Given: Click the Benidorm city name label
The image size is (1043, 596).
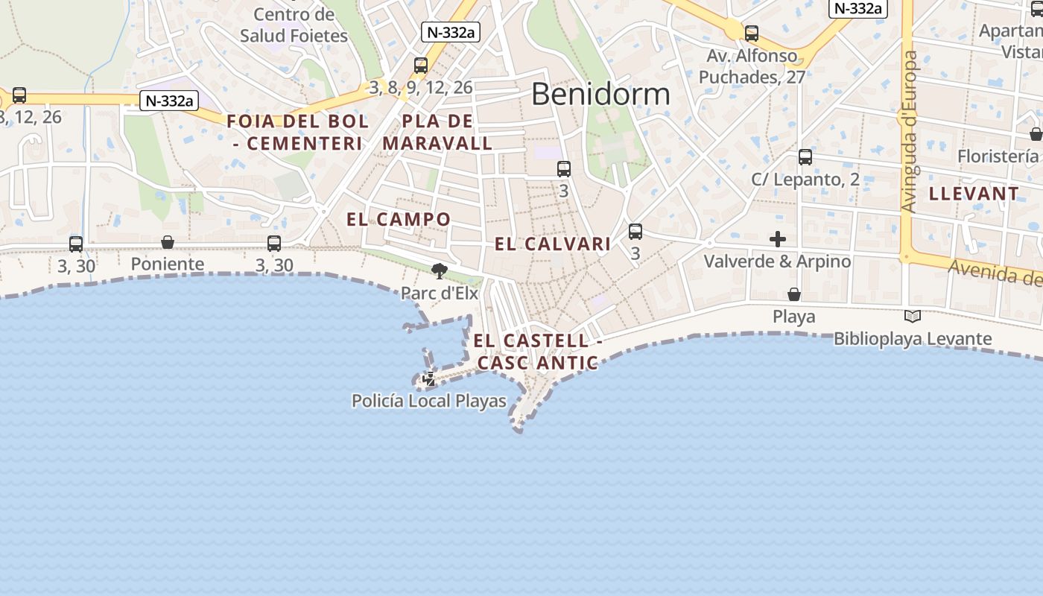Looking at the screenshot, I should [600, 95].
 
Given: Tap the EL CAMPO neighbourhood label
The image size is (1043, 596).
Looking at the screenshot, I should [399, 219].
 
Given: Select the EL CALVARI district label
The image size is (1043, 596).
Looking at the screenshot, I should [553, 244].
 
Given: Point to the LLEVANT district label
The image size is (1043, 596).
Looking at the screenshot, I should [974, 194].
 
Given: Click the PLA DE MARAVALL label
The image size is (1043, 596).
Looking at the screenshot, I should [437, 132].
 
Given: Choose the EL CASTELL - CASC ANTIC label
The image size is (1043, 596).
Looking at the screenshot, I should [538, 352].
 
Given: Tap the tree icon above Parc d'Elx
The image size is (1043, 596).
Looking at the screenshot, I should [440, 271].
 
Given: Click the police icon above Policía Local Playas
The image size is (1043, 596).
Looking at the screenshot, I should [429, 379].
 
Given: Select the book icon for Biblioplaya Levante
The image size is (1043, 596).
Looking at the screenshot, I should [912, 317].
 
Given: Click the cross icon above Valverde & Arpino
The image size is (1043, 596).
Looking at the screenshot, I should [778, 239].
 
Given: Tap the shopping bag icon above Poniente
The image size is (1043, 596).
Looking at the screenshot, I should [168, 242].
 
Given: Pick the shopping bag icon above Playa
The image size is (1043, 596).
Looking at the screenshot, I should [794, 294].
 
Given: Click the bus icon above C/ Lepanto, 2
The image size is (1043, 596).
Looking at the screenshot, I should [805, 157].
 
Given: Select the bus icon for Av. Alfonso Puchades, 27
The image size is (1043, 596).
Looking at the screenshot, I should [752, 34].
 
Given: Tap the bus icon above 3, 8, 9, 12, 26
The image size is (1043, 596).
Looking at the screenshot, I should [421, 66].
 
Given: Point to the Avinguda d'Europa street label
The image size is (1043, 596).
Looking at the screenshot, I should [909, 131].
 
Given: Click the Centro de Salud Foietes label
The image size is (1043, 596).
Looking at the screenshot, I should [294, 25].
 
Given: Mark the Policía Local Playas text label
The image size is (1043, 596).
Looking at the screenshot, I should [429, 401].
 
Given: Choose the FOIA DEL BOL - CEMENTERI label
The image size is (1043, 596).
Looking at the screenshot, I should [298, 132].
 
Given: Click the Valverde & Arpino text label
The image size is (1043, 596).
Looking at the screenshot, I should [777, 261].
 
